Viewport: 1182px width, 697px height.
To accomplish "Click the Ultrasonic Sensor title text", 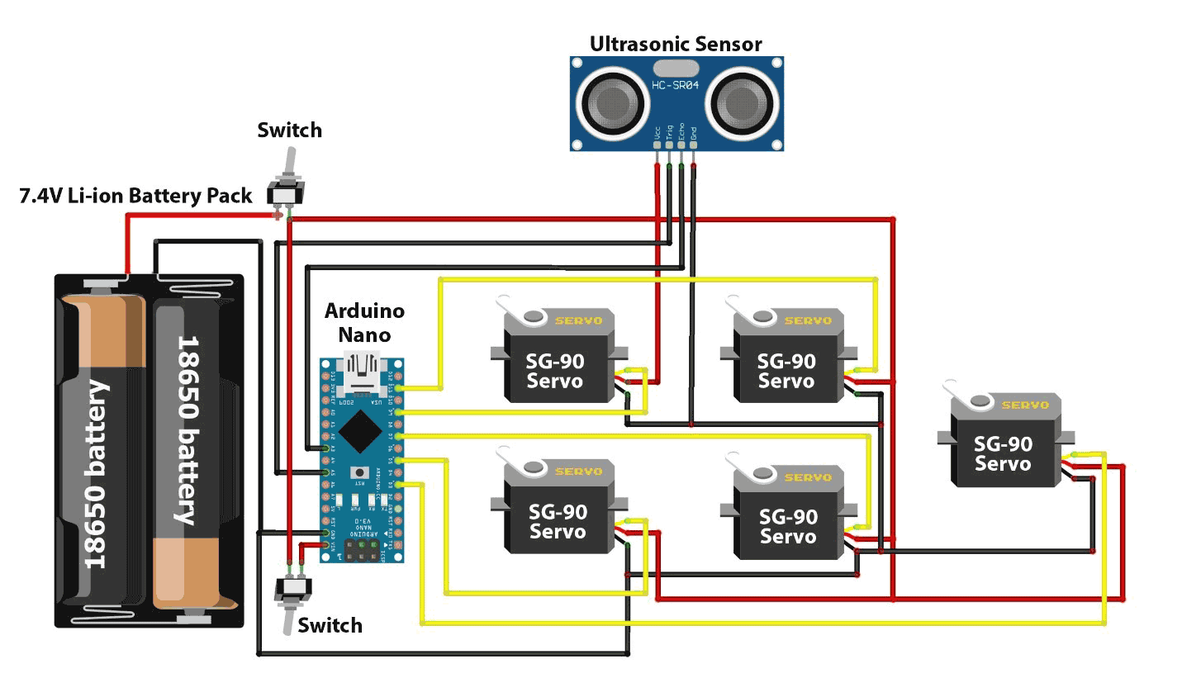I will (x=675, y=44).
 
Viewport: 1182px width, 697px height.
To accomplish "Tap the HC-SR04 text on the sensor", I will (x=675, y=86).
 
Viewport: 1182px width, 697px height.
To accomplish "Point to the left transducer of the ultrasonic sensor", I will (x=612, y=103).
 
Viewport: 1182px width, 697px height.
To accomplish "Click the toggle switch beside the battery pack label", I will (x=286, y=186).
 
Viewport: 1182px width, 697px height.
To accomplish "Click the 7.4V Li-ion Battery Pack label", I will (x=135, y=196).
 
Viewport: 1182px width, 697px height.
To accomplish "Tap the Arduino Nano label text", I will (x=364, y=322).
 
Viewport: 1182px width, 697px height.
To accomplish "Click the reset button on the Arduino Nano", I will (x=361, y=472).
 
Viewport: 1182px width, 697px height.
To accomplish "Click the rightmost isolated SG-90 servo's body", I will (x=1003, y=453).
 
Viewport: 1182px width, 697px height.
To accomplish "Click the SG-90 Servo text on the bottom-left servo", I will (x=558, y=521).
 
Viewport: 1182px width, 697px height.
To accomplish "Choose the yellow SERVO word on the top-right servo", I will (x=808, y=320).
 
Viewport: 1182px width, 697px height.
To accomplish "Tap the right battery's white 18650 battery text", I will (x=188, y=429).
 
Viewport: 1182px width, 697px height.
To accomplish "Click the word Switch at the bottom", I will (x=330, y=625).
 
